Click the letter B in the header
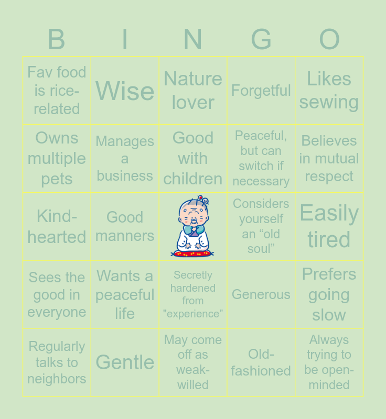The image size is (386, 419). (x=57, y=40)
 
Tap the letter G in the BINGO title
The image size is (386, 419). (x=261, y=40)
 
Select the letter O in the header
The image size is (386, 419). (x=329, y=40)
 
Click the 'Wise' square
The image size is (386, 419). (x=125, y=91)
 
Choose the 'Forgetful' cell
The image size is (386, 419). (x=261, y=91)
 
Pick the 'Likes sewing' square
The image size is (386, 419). (x=329, y=91)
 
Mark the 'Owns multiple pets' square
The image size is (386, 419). (x=57, y=159)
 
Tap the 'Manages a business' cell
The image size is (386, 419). (x=125, y=159)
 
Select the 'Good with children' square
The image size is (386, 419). (x=193, y=159)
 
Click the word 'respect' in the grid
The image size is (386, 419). (x=329, y=177)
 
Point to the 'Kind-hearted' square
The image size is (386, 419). (x=57, y=227)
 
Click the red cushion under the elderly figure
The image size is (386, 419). (x=192, y=253)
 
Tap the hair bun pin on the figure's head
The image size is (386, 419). (x=203, y=200)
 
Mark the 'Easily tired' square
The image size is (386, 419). (x=329, y=227)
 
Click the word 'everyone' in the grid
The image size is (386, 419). (x=57, y=312)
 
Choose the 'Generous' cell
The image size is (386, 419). (x=261, y=294)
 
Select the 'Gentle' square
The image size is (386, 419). (x=125, y=362)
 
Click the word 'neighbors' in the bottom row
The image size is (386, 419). (x=57, y=379)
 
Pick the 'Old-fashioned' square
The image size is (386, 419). (x=261, y=362)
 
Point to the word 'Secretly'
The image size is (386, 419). (x=193, y=275)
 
